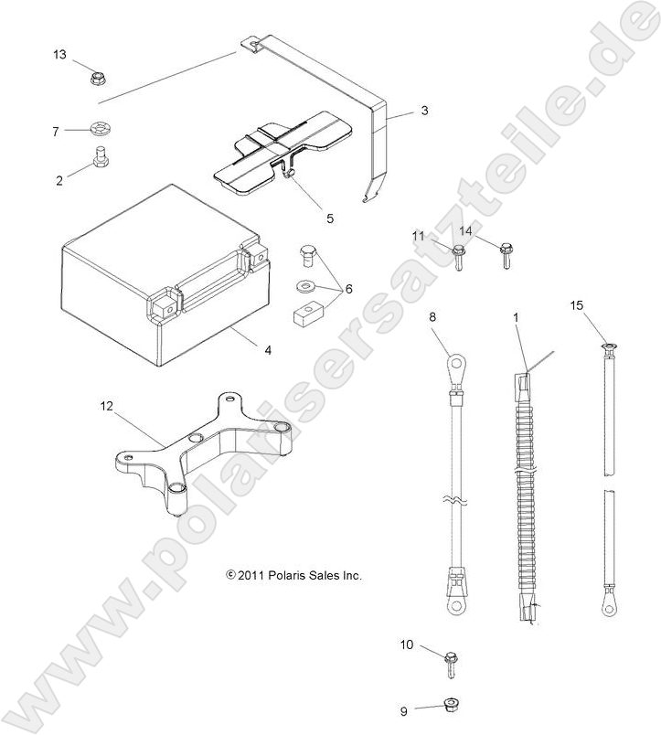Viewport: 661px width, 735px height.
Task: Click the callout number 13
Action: coord(59,55)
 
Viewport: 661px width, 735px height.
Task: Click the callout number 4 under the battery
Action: coord(242,349)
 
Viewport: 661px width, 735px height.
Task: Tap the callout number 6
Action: coord(347,289)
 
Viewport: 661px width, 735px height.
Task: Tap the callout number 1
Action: coord(516,316)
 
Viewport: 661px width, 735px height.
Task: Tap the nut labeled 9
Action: coord(450,705)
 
